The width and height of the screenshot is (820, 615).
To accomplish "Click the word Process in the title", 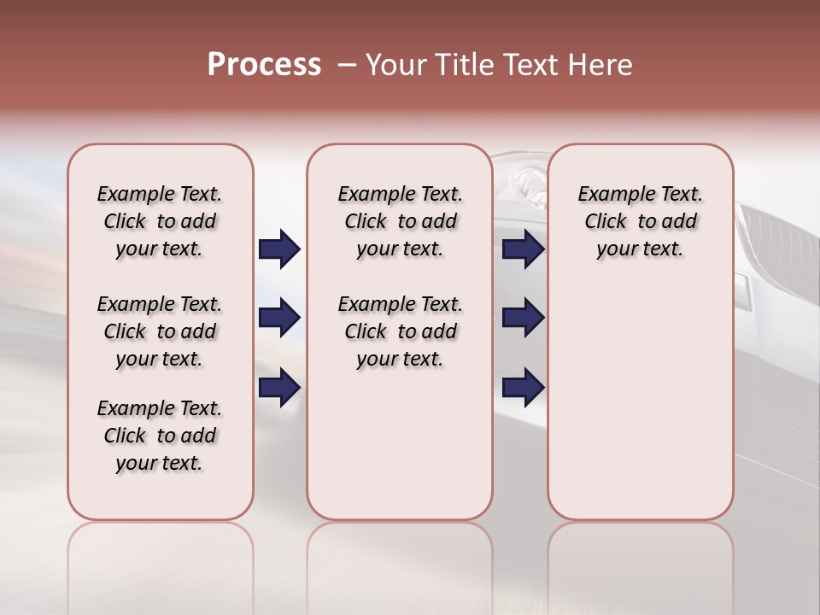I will tap(264, 65).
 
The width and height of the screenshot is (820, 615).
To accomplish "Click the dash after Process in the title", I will tap(346, 66).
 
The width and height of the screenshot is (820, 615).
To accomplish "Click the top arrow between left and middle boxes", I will tap(279, 249).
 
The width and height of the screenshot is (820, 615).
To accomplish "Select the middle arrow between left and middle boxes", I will tap(279, 319).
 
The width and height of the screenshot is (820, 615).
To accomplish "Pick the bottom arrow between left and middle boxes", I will tap(279, 387).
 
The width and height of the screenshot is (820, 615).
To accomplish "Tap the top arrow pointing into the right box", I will tap(523, 249).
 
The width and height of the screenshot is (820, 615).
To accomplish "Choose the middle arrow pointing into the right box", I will tap(523, 319).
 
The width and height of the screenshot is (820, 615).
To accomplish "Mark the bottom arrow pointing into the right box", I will tap(523, 387).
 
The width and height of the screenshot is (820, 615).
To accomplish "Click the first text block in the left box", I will tap(160, 221).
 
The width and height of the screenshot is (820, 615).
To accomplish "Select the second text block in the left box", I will tap(160, 331).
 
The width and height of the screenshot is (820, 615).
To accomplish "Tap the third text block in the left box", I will tap(160, 436).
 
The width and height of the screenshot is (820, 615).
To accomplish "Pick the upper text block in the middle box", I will tap(400, 221).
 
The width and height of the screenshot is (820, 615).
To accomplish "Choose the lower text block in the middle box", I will tap(400, 331).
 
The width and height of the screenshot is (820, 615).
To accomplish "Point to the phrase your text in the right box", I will tap(640, 249).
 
